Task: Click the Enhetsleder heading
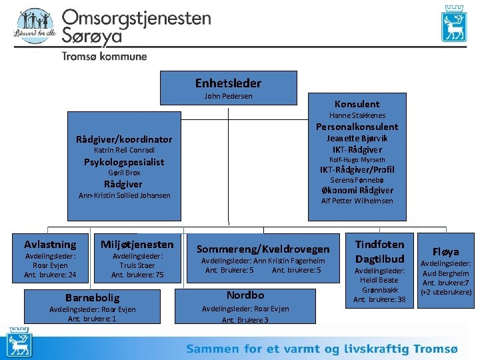tap(228, 83)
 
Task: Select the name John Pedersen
tap(228, 97)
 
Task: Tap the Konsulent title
tap(357, 103)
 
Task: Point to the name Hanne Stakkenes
tap(357, 115)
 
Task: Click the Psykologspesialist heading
tap(124, 162)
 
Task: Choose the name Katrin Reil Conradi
tap(124, 151)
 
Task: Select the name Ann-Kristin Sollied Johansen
tap(124, 195)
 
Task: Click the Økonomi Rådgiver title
tap(357, 191)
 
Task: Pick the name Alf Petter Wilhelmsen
tap(357, 201)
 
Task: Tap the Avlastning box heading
tap(50, 244)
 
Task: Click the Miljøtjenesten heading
tap(137, 244)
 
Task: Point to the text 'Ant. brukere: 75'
tap(137, 275)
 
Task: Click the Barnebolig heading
tap(92, 297)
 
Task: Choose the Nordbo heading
tap(245, 295)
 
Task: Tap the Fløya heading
tap(445, 251)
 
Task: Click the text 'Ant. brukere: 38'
tap(379, 299)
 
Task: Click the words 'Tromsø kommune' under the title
tap(105, 57)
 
